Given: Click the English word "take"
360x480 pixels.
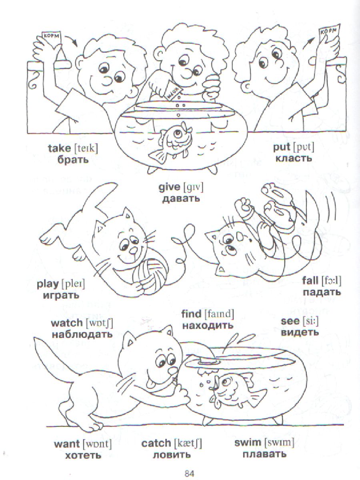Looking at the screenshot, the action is pos(59,148).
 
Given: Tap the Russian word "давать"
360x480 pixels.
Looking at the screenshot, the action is pos(181,198).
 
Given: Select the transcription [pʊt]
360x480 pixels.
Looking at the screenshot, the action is pos(303,148).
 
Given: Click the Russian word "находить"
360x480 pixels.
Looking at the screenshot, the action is pos(208,326).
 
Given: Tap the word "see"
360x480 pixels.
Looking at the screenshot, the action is pos(290,321).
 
